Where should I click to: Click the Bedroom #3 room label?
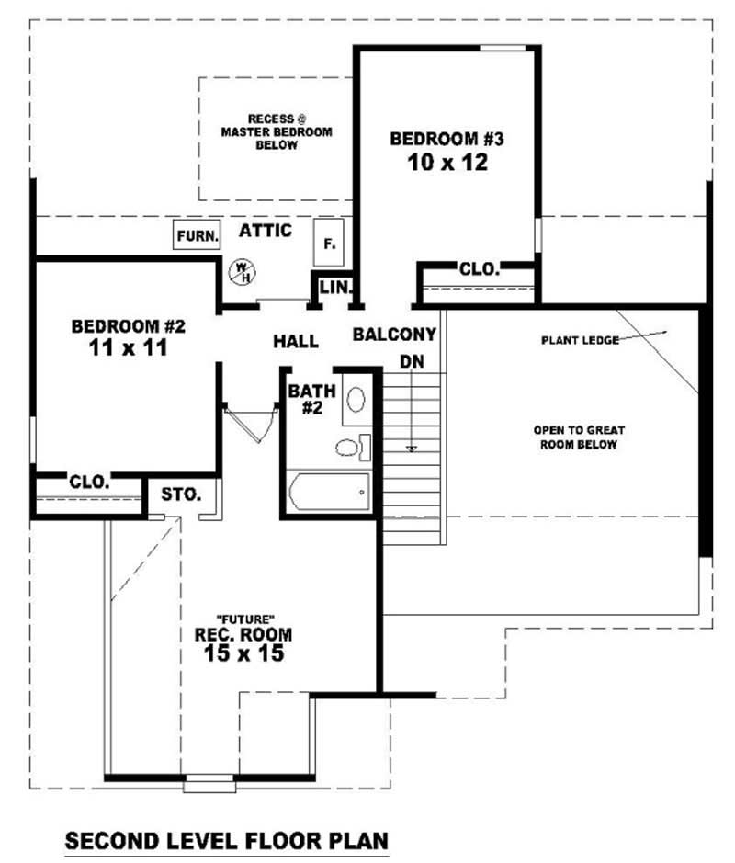(447, 140)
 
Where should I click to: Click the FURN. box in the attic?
(198, 235)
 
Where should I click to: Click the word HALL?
(296, 342)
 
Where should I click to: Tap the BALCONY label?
(394, 335)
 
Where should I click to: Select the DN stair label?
(412, 362)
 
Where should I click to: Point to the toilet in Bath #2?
(351, 448)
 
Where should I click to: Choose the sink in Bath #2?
(355, 399)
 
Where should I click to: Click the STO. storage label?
(181, 494)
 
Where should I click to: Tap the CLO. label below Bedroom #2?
(89, 482)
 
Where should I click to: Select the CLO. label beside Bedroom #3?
(480, 269)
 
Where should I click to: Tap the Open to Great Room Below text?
(574, 437)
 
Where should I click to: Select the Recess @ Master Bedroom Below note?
(277, 131)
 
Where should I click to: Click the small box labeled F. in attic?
(329, 244)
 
